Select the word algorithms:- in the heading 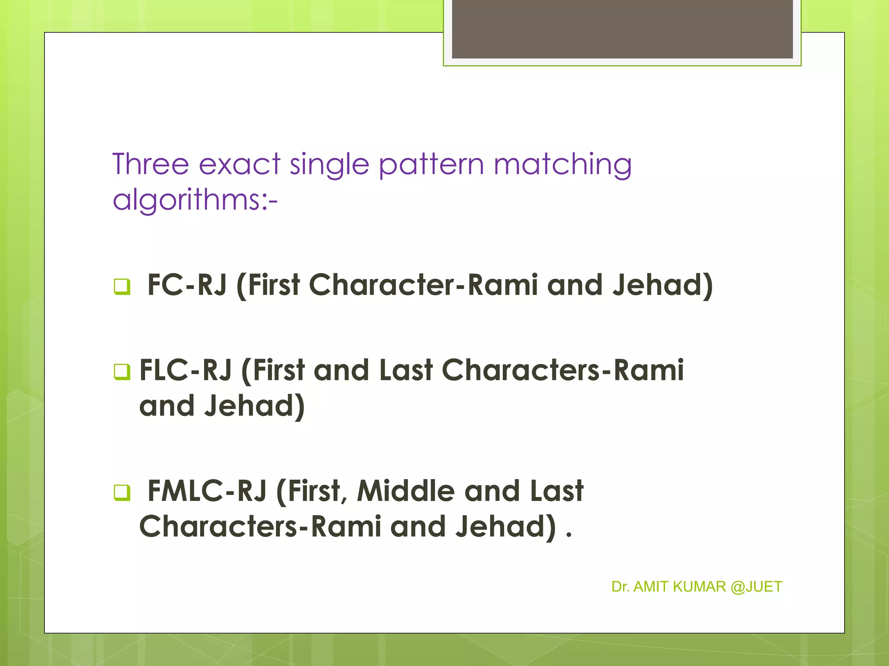click(195, 201)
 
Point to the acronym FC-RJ click(187, 285)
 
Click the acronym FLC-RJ click(185, 371)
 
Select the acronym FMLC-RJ click(207, 491)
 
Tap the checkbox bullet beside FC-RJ click(122, 286)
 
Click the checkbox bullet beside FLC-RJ click(122, 372)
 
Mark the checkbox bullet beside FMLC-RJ click(122, 492)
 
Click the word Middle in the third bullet click(405, 491)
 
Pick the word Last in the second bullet click(406, 371)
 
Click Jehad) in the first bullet click(662, 286)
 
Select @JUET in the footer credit click(756, 587)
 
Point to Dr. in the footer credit click(620, 587)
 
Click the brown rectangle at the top click(622, 29)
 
